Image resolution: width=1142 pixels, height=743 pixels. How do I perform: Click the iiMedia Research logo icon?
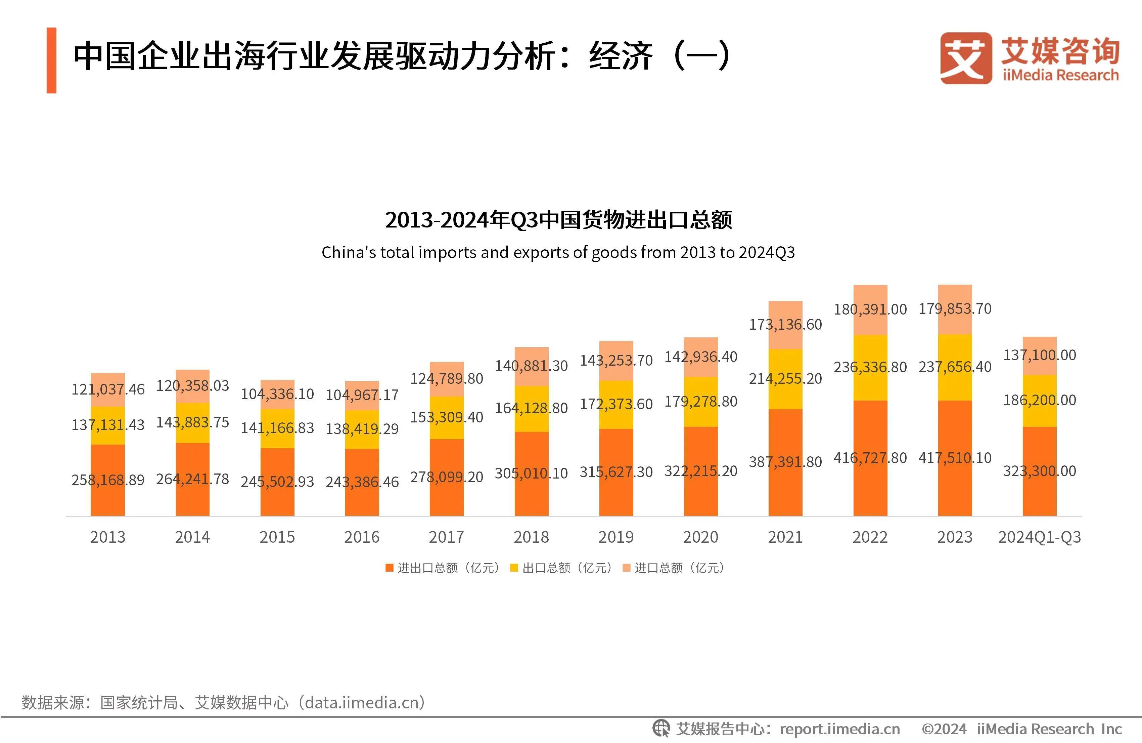965,58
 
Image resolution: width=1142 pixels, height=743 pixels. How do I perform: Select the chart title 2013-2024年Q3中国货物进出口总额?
558,220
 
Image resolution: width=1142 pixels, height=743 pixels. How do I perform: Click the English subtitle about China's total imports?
558,252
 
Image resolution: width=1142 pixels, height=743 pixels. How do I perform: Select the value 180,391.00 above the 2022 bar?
870,309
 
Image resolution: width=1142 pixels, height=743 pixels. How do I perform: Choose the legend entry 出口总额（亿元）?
561,568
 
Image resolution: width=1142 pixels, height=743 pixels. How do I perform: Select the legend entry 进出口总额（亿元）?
443,568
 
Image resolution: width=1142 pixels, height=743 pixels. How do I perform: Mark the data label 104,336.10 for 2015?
277,394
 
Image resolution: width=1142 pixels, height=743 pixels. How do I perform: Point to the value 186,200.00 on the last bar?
1039,400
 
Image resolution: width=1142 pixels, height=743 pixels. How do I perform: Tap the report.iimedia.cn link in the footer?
840,729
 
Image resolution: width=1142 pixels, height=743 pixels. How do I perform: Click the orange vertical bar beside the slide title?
51,60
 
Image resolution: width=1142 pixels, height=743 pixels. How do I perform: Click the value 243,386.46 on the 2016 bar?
362,482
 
